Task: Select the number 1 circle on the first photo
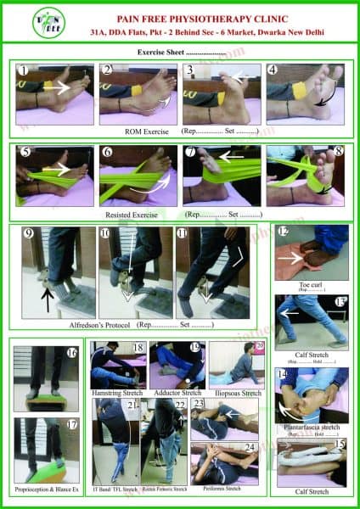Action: [24, 70]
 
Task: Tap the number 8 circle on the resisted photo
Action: [337, 153]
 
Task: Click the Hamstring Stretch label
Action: [118, 393]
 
